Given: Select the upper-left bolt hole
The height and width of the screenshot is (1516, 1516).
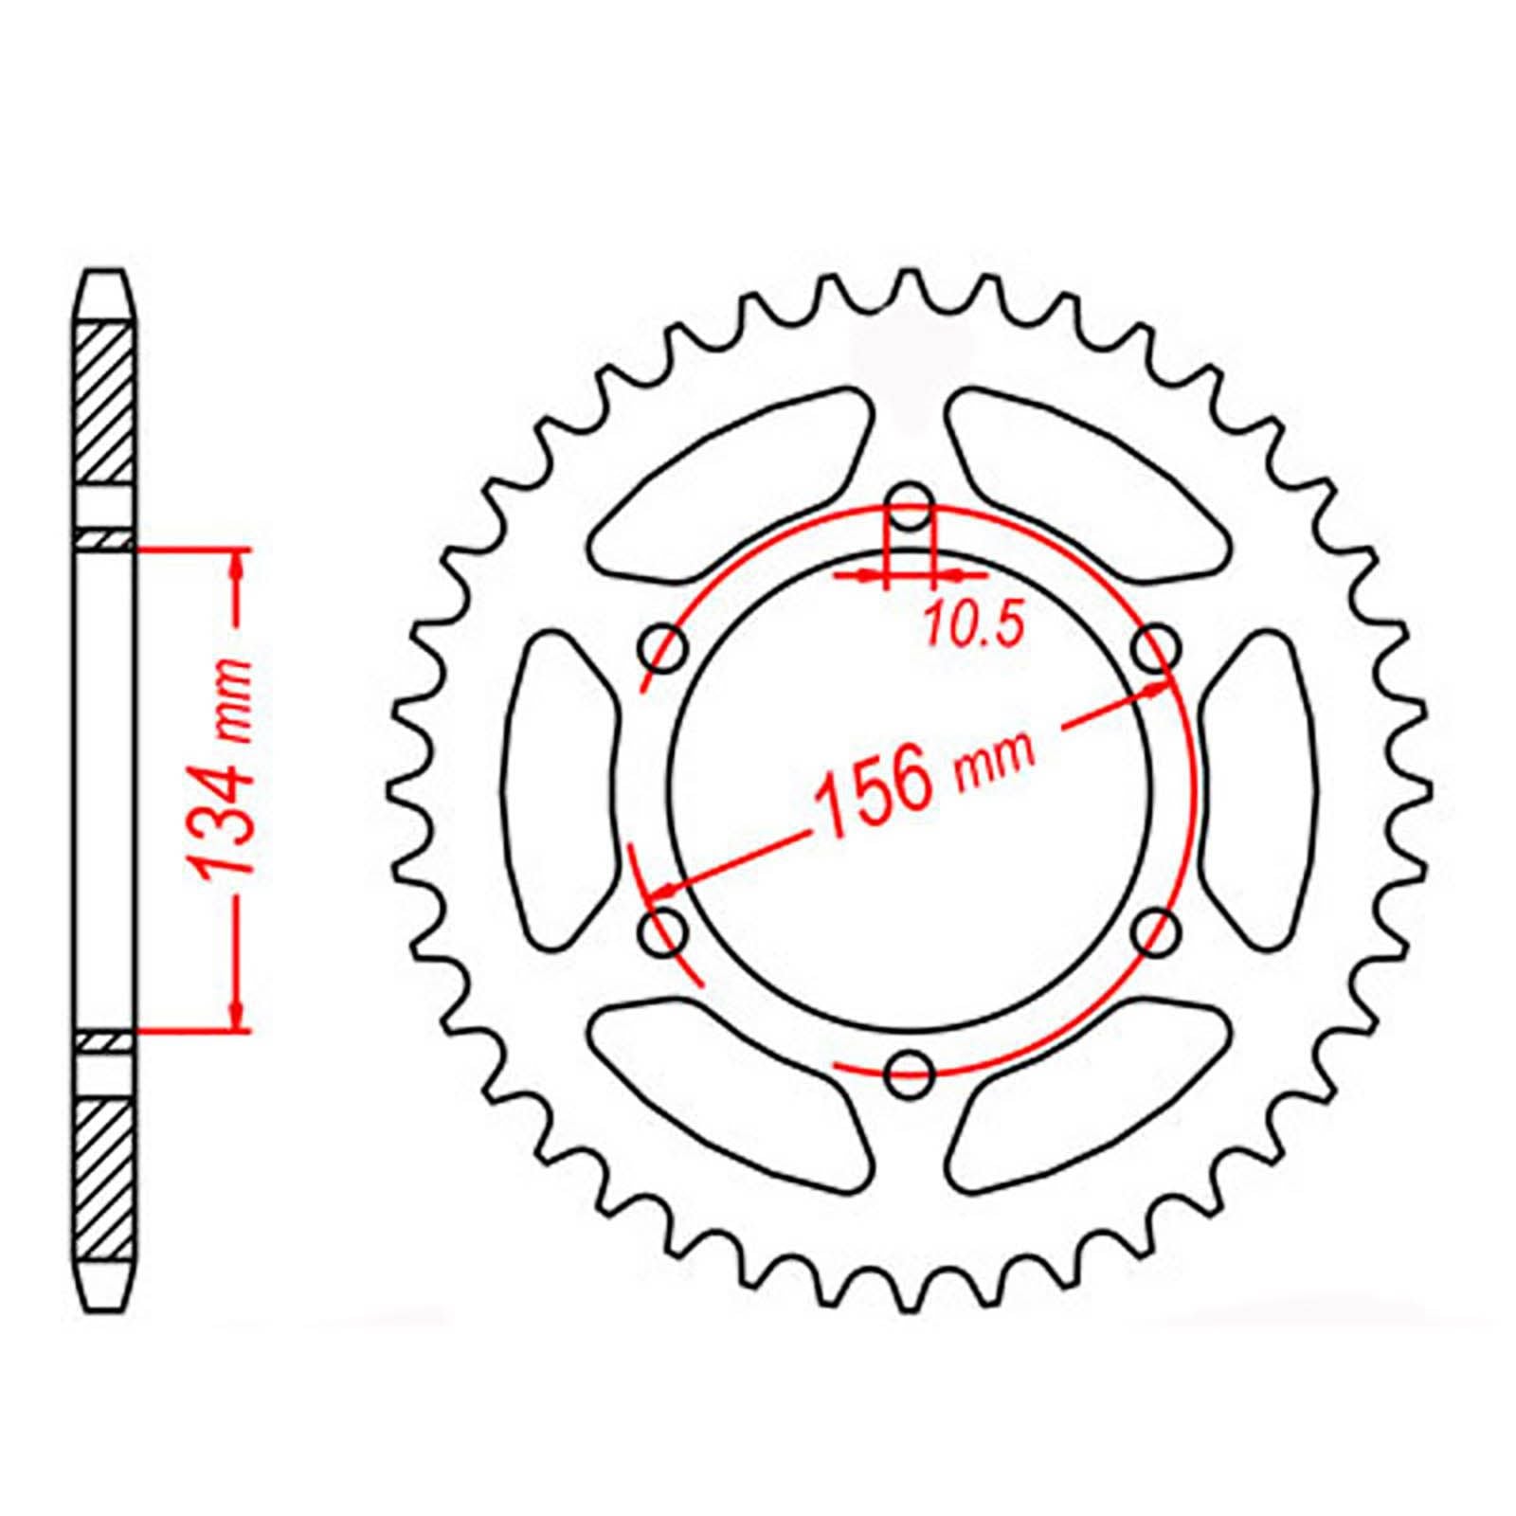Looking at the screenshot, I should pyautogui.click(x=664, y=647).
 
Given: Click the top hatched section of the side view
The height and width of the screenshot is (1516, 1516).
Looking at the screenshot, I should pyautogui.click(x=104, y=403).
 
